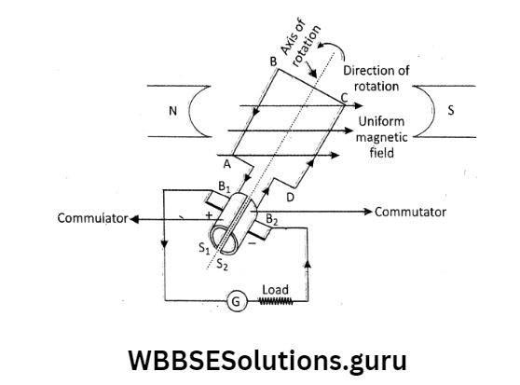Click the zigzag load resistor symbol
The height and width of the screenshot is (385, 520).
tap(276, 302)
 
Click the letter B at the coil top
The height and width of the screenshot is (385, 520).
tap(272, 61)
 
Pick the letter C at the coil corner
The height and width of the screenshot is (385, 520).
tap(346, 97)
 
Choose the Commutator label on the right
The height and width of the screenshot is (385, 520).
tap(410, 212)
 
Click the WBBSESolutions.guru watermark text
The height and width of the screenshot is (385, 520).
tap(259, 359)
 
